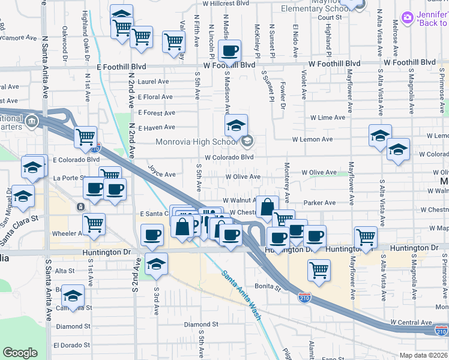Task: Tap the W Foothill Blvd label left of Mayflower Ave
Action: (x=335, y=63)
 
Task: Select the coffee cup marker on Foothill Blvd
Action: (x=229, y=51)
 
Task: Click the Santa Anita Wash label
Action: (x=241, y=295)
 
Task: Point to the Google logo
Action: (x=20, y=353)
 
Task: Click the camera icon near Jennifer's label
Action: (x=408, y=18)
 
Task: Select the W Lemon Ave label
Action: (x=312, y=139)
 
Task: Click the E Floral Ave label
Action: (x=155, y=97)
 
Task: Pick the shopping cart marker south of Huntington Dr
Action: (x=319, y=269)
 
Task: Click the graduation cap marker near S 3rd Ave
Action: (x=156, y=264)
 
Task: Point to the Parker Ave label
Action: (x=319, y=203)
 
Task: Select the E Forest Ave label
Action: (x=156, y=112)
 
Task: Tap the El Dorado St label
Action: (x=71, y=346)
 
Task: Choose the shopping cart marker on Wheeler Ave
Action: (x=94, y=224)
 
